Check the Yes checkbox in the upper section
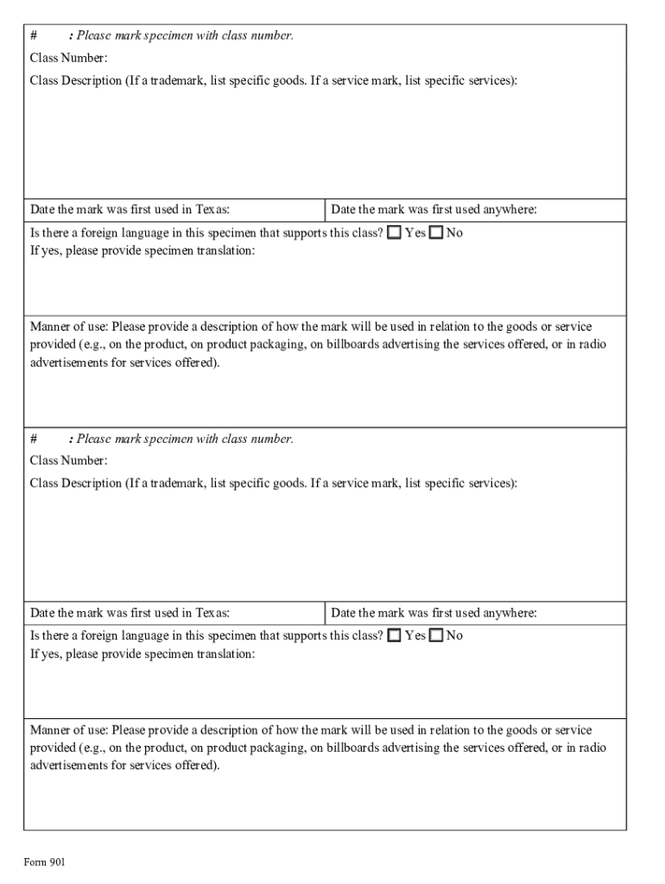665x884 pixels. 395,233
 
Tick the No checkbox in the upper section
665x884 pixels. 436,233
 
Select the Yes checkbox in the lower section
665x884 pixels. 395,636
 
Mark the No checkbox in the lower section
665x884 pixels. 436,636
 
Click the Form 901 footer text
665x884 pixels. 44,862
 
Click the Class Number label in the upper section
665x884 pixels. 69,58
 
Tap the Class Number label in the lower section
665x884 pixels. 69,461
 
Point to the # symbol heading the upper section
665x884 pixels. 34,35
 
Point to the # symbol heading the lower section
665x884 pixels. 34,439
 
